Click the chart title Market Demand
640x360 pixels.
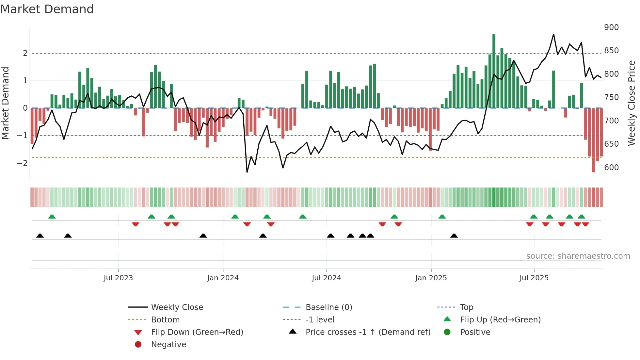pos(47,9)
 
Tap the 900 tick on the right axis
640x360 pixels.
pos(611,27)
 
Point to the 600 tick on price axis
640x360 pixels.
pos(611,168)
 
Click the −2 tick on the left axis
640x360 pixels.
pos(22,163)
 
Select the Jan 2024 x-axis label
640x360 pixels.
pos(223,278)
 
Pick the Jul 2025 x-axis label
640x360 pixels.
pos(534,278)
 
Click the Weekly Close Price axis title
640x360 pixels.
pos(632,103)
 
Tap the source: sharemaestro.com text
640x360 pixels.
pos(578,256)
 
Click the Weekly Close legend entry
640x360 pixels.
pos(177,307)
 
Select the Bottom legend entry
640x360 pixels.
pos(165,320)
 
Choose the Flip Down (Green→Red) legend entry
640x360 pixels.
pos(197,332)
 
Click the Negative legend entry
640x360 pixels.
pos(168,345)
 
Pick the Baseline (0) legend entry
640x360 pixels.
pos(328,307)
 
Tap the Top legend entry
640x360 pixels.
pos(466,307)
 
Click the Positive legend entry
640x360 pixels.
pos(475,332)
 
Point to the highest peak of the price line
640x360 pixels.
pos(553,34)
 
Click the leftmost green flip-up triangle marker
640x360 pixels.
pos(52,217)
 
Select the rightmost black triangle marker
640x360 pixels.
pos(454,236)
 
